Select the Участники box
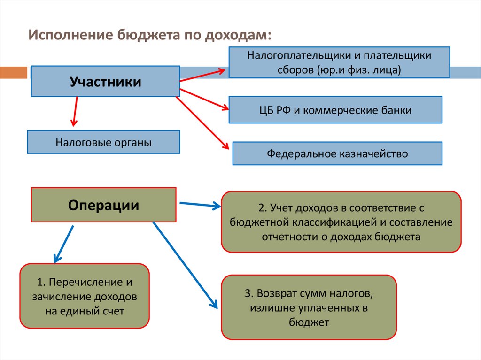pos(105,81)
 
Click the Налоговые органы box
pos(103,142)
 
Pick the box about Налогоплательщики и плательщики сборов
pos(339,62)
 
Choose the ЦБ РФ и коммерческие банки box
pos(335,110)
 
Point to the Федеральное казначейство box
pos(337,153)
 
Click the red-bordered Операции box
pos(103,205)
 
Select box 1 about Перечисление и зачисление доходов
pos(85,296)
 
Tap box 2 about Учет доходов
pos(341,222)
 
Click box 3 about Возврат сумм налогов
pos(309,307)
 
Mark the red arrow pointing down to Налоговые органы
pos(74,111)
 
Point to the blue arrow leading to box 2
pos(200,204)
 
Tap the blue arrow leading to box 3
pos(186,265)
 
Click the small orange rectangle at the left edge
pos(13,73)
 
